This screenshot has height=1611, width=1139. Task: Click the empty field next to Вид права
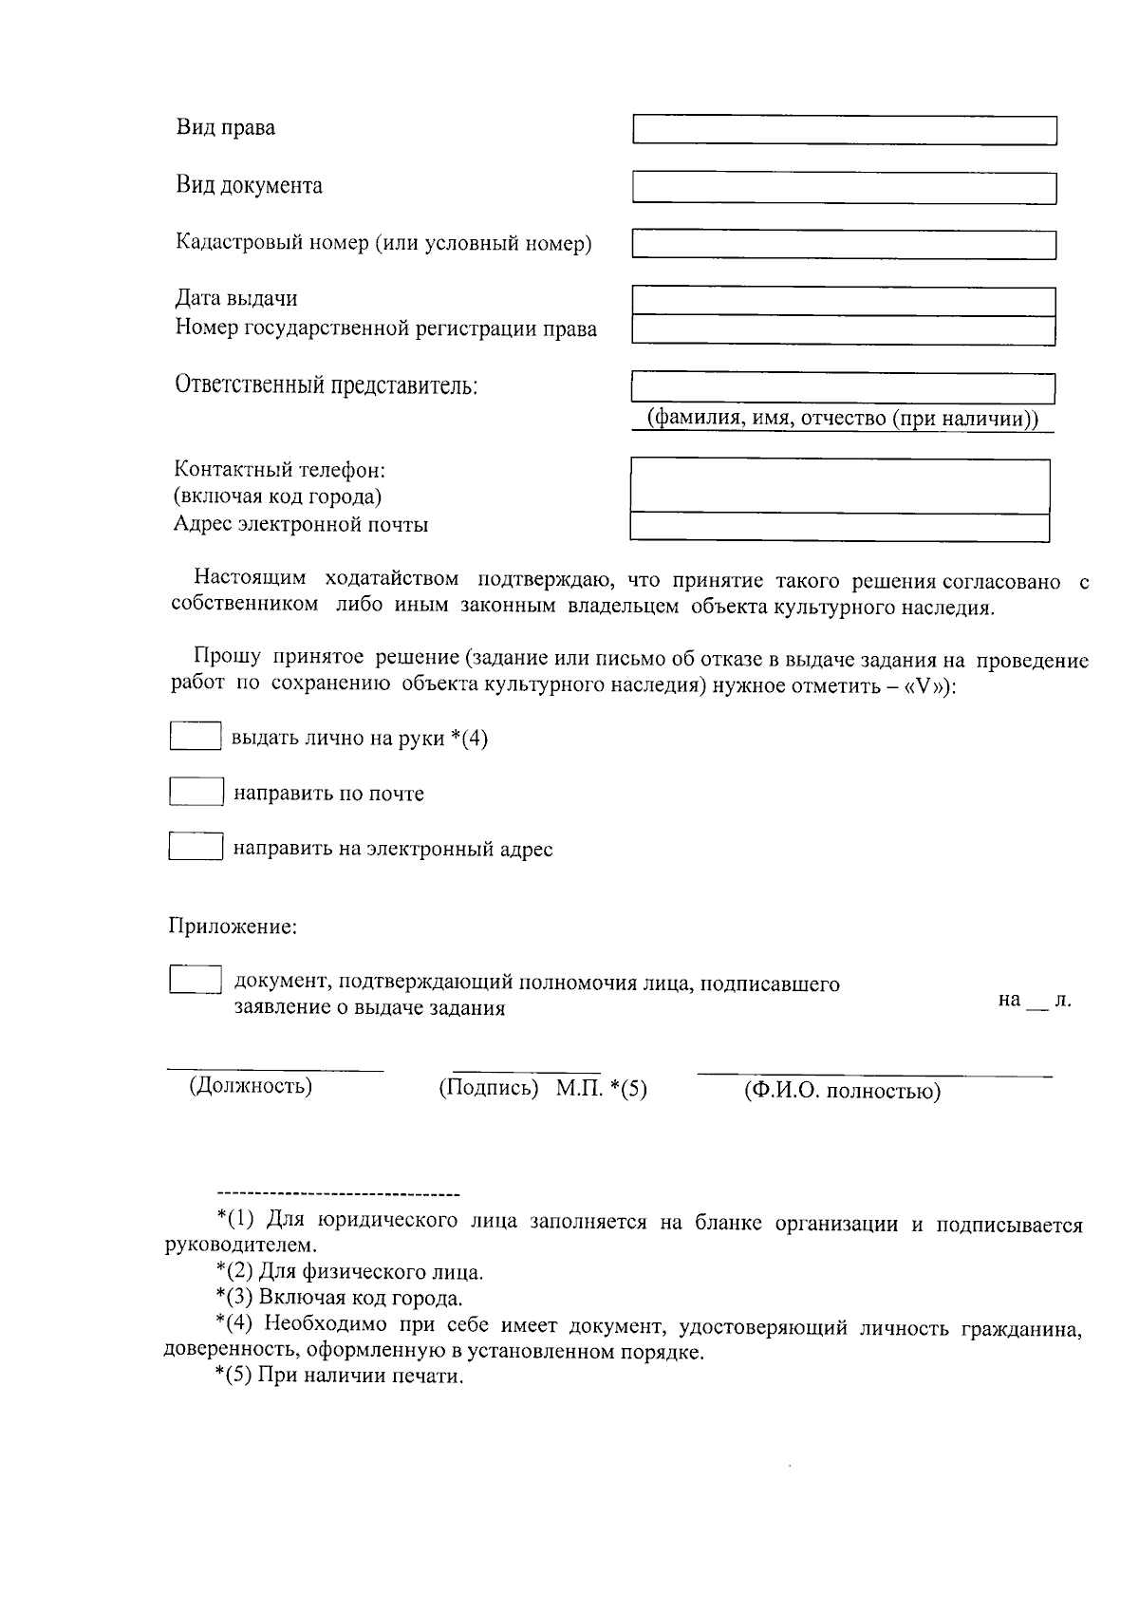(844, 130)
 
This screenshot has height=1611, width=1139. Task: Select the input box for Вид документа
(844, 187)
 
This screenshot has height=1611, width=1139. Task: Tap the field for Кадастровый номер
(844, 244)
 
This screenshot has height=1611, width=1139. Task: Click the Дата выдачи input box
(843, 301)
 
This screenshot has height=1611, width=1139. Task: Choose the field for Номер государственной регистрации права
(843, 330)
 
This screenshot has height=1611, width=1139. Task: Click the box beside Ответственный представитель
(843, 387)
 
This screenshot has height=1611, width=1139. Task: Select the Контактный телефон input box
(840, 485)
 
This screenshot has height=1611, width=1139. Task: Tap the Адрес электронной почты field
(840, 526)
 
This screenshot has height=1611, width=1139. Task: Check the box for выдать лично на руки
(196, 737)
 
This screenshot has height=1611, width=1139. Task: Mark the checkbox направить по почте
(196, 792)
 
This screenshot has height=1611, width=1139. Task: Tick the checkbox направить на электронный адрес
(196, 847)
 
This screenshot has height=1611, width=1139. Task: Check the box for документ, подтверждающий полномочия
(196, 980)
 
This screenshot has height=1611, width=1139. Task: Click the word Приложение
(233, 927)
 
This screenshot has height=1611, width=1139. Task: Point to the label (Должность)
(251, 1086)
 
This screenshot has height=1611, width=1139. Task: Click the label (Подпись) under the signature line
(488, 1089)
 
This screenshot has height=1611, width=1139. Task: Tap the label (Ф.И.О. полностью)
(842, 1092)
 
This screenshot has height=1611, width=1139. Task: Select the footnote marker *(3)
(234, 1299)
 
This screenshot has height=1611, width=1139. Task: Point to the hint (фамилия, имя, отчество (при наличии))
(843, 419)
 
